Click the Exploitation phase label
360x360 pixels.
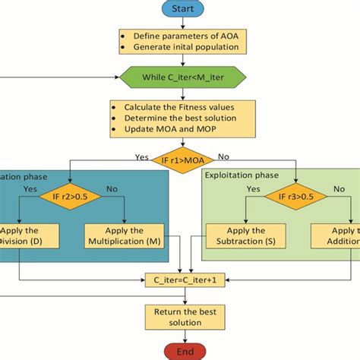point(242,175)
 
